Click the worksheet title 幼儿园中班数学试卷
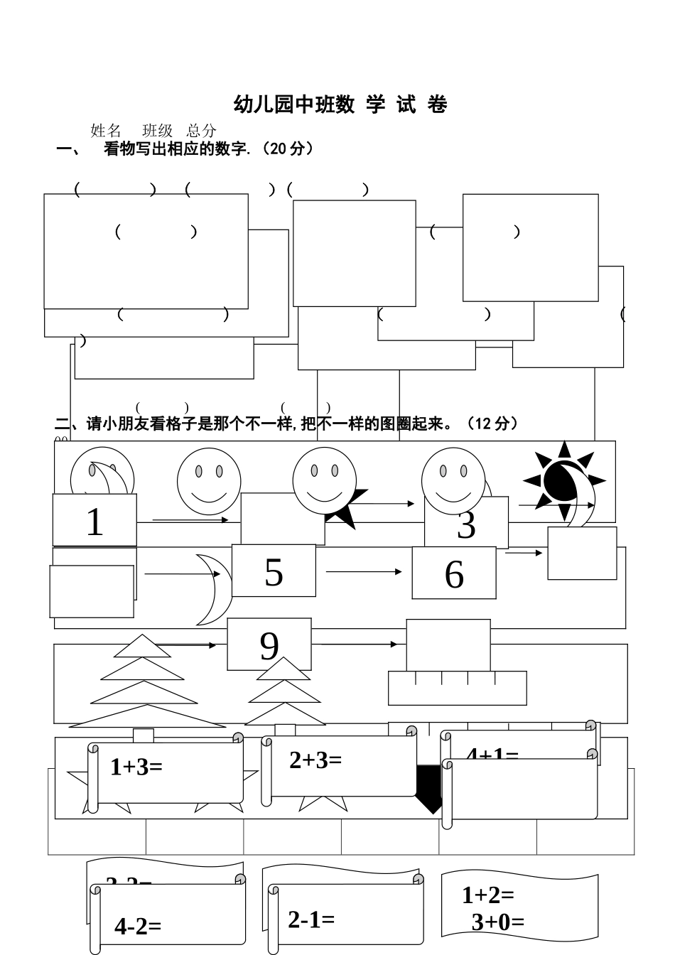340,104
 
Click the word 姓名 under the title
106,131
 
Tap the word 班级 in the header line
158,131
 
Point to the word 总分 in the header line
202,131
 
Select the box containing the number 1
94,521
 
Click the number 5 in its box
274,572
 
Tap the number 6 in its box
454,574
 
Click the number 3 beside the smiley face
466,526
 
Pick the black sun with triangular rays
563,482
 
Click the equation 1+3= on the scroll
136,767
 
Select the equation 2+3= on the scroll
315,760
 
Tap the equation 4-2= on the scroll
138,927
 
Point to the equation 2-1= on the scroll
311,919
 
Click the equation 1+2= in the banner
488,895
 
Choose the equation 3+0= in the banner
498,922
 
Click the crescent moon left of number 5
213,588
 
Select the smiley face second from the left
209,481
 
